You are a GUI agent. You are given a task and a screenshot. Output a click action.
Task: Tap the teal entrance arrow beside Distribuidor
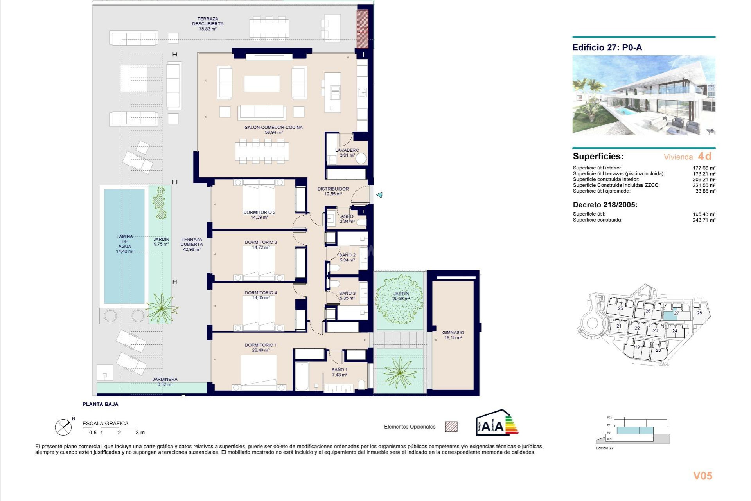pyautogui.click(x=379, y=195)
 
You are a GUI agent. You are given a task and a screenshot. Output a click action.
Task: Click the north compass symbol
pyautogui.click(x=63, y=427)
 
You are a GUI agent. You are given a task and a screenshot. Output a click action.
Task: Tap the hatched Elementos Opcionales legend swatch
pyautogui.click(x=451, y=427)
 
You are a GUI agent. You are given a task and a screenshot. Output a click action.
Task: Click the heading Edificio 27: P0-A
pyautogui.click(x=607, y=48)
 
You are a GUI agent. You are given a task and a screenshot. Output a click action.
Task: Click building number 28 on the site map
pyautogui.click(x=699, y=313)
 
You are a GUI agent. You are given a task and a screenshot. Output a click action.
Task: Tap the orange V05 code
pyautogui.click(x=702, y=476)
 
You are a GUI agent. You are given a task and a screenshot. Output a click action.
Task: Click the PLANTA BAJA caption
pyautogui.click(x=100, y=404)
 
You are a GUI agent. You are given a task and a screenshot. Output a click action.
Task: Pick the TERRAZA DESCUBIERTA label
pyautogui.click(x=208, y=23)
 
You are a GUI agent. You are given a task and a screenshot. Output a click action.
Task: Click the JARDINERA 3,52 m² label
pyautogui.click(x=165, y=382)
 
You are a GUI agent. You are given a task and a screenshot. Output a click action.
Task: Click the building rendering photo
pyautogui.click(x=644, y=95)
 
